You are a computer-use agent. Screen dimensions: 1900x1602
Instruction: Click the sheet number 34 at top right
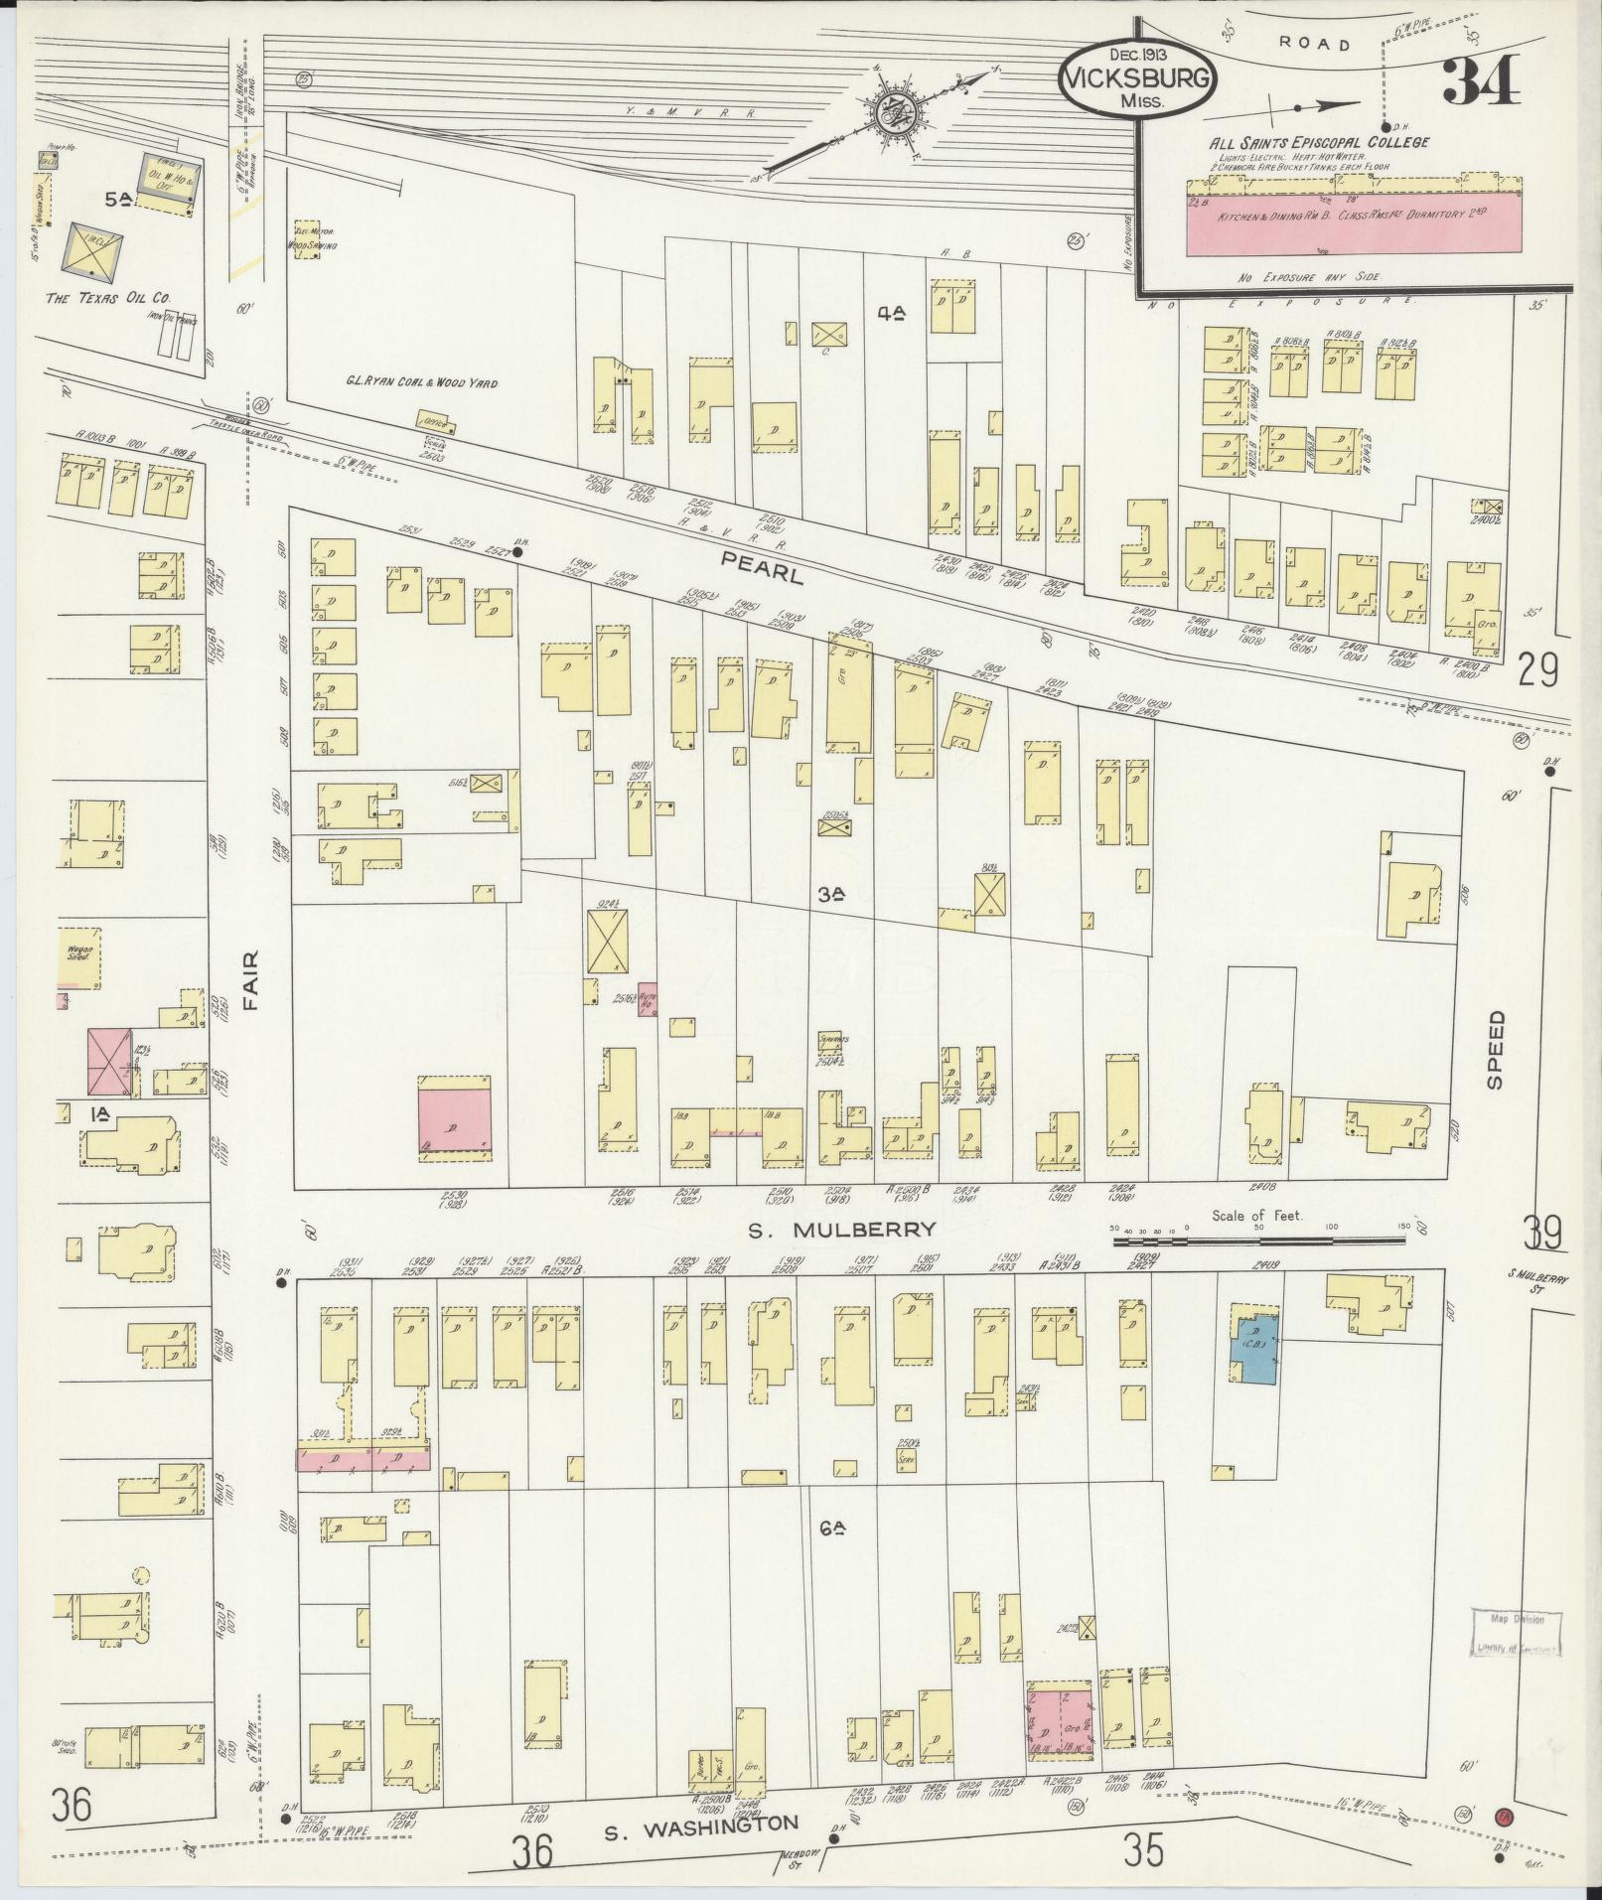[x=1481, y=80]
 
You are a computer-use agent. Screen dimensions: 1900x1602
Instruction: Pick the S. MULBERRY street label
[x=842, y=1230]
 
